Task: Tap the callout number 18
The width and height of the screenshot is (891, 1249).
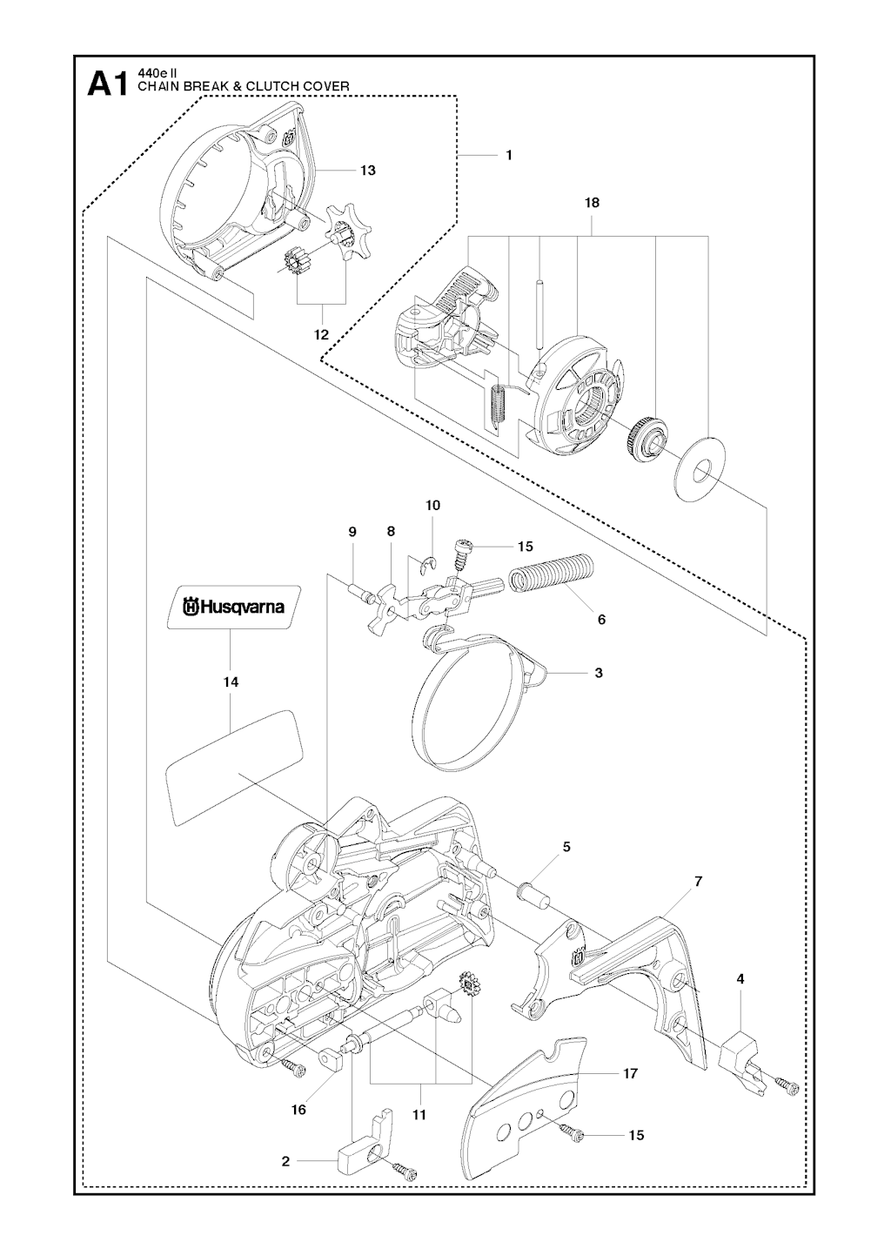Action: [593, 203]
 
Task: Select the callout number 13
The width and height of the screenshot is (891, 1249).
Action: [368, 171]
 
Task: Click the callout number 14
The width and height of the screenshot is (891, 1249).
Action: [230, 683]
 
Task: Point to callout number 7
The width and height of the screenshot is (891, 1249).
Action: [698, 882]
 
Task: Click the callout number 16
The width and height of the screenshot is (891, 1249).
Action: [298, 1111]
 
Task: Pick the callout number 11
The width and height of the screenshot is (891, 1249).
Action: [420, 1114]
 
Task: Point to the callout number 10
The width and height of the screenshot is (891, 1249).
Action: [432, 506]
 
